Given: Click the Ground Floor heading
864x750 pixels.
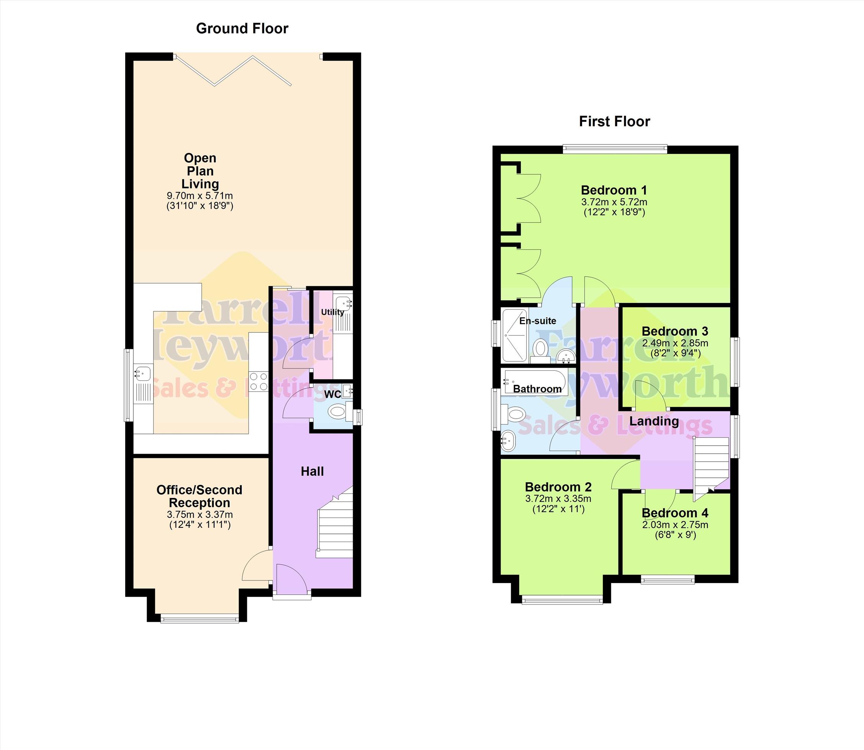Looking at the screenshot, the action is point(242,28).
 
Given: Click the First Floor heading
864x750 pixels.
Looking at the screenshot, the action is point(614,121).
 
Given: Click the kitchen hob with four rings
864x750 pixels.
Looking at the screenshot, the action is point(259,381).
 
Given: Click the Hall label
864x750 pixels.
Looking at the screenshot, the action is point(312,471).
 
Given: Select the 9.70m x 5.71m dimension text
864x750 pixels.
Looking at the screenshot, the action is point(200,195).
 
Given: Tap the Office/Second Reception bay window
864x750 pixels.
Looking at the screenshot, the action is point(200,618).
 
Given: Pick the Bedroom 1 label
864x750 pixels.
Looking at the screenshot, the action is point(614,190).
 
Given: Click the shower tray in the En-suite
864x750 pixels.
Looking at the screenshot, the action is point(515,335).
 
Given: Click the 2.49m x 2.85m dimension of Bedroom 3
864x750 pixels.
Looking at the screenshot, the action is point(675,343).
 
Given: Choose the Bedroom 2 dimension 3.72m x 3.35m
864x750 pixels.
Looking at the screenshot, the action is point(558,498).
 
